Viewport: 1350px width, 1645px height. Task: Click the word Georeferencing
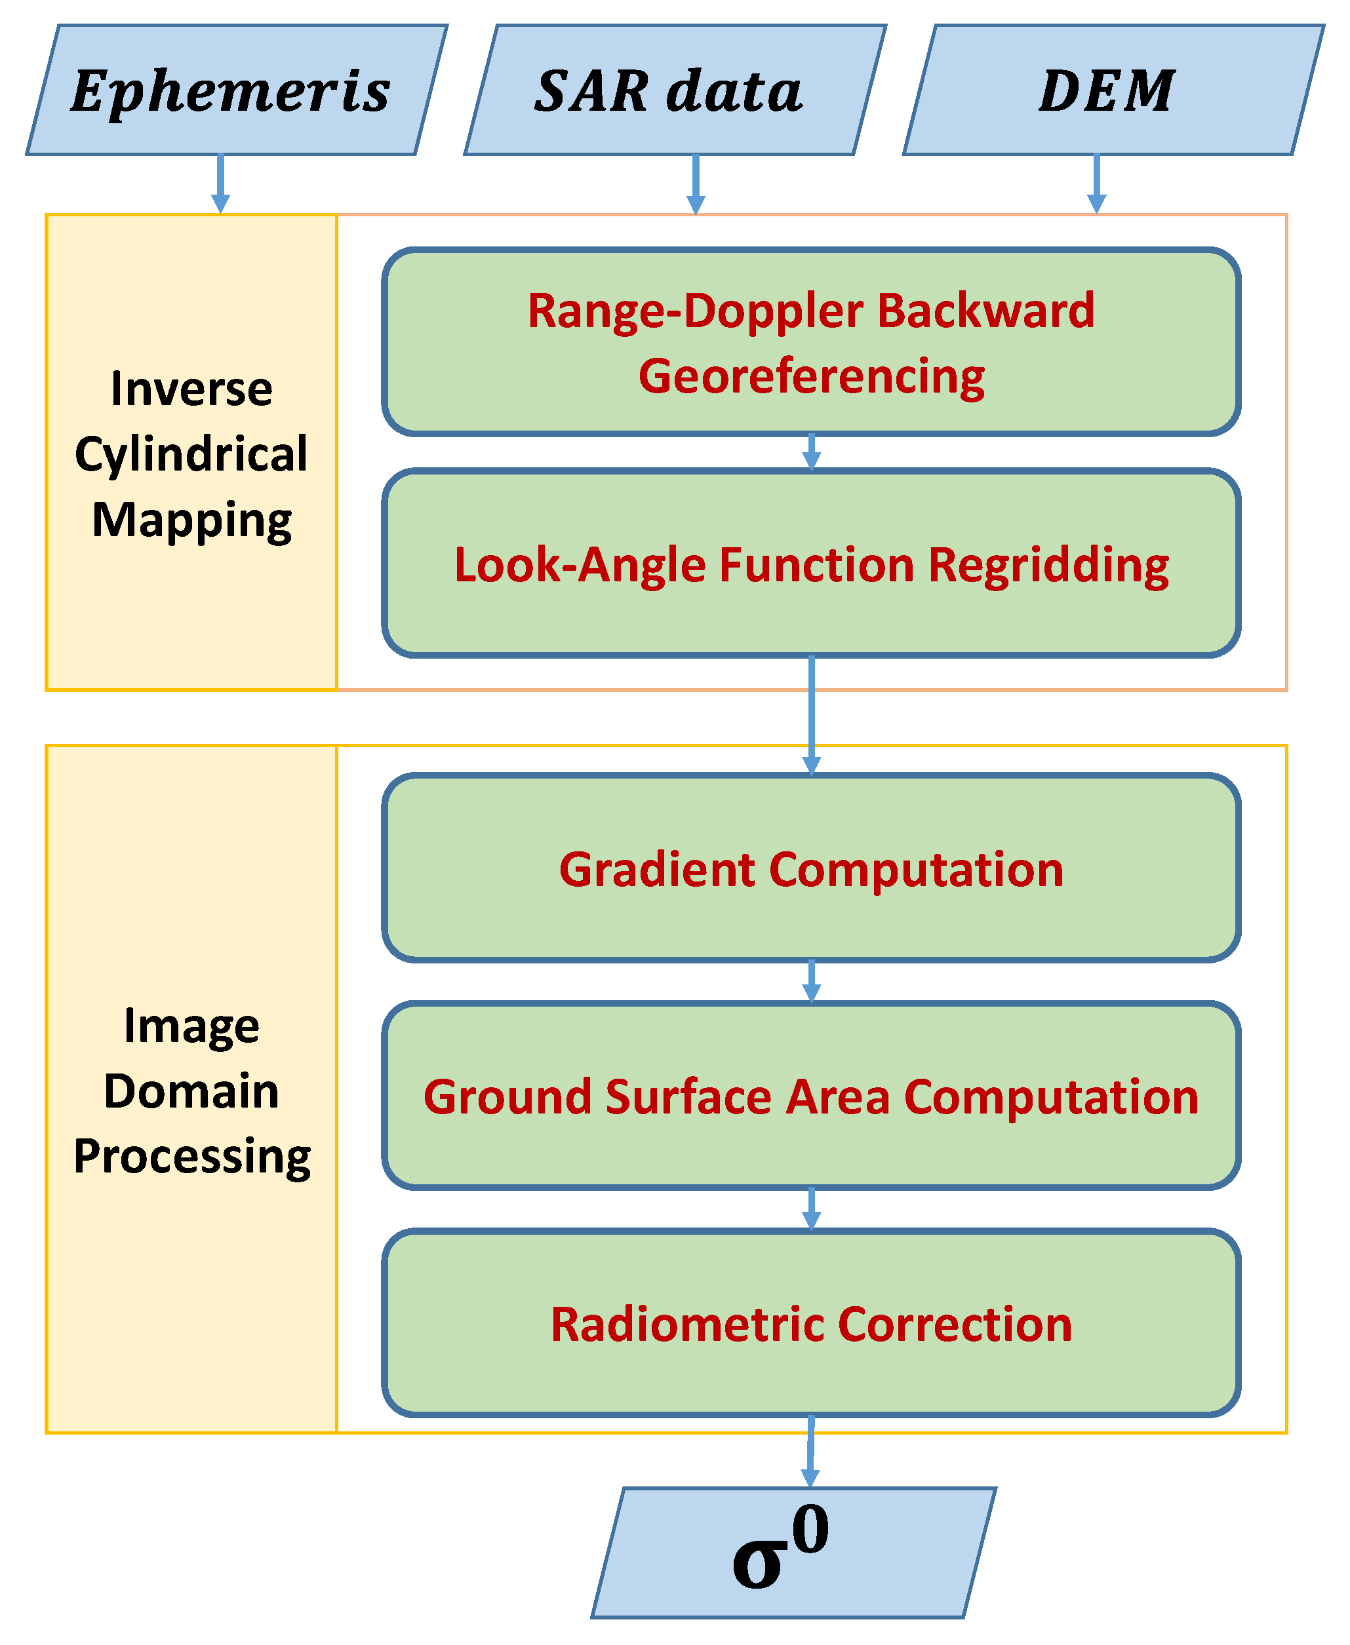pos(811,376)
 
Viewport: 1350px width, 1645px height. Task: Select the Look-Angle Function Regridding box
pos(811,564)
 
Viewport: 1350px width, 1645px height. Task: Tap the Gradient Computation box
pos(811,868)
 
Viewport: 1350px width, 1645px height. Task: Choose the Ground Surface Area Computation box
pos(811,1096)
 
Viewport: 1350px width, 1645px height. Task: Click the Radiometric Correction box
pos(811,1324)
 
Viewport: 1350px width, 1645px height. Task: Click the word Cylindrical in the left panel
pos(191,454)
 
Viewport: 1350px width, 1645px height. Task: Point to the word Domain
pos(191,1091)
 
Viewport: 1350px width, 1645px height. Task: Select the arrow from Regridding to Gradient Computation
pos(811,715)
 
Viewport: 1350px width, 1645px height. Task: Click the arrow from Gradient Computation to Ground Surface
pos(811,981)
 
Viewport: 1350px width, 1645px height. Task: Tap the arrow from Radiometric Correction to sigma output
pos(810,1450)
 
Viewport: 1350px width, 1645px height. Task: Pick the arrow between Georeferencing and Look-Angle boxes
pos(811,452)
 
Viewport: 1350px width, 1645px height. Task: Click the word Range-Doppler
pos(694,311)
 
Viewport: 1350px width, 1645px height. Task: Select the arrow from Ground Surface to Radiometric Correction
pos(811,1209)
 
